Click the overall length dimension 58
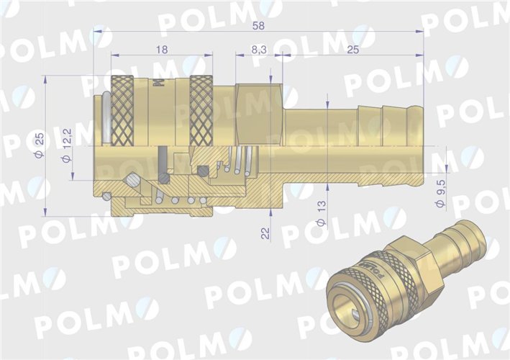point(258,24)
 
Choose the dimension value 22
point(265,233)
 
